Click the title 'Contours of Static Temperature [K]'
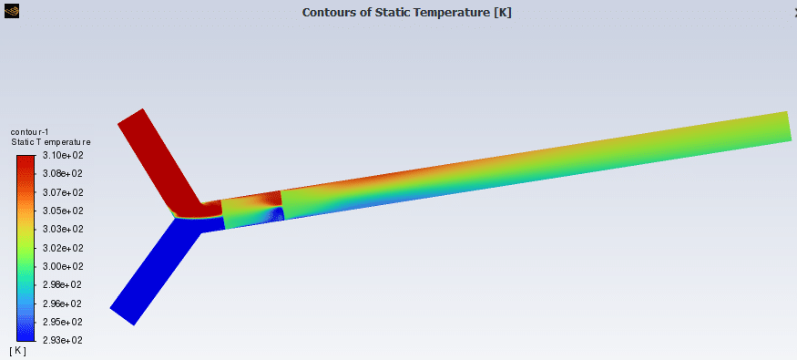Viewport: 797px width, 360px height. pos(406,12)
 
